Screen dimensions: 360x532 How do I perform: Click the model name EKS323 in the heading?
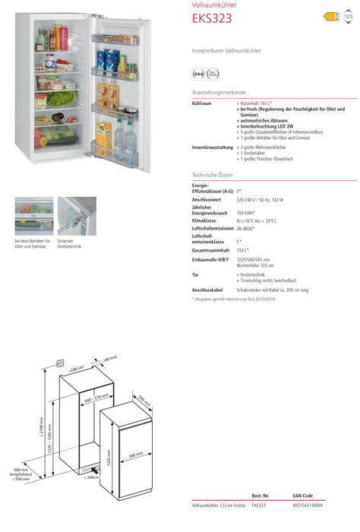[212, 19]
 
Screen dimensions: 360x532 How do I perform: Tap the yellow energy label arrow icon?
[330, 16]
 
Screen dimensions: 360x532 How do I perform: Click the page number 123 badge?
[348, 16]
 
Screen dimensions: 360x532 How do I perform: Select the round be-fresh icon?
[200, 74]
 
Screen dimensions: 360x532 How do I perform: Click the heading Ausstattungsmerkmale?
[219, 91]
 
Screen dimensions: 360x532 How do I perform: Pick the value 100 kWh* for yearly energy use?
[246, 213]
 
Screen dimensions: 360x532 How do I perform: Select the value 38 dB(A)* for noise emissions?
[245, 228]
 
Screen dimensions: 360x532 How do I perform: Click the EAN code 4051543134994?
[307, 505]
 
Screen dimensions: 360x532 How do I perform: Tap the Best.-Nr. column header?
[261, 495]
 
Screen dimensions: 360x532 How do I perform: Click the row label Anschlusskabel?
[207, 290]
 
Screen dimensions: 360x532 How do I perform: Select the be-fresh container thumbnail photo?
[33, 216]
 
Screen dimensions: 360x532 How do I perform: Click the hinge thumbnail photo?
[77, 216]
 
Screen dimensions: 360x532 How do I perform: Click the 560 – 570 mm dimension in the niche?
[98, 397]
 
